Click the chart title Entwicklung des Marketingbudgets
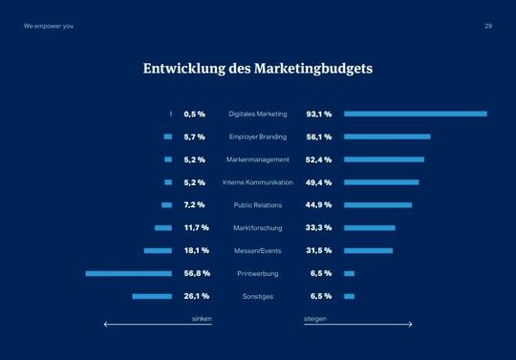(257, 69)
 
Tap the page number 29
(488, 26)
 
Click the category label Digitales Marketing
(258, 114)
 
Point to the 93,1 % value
(319, 114)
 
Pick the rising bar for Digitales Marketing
(416, 114)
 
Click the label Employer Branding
(258, 137)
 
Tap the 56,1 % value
(319, 137)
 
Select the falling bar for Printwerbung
(128, 273)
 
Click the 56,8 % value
(197, 273)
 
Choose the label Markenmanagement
(258, 159)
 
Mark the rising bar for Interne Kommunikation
(381, 182)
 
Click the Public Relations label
(258, 205)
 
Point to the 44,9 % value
(319, 204)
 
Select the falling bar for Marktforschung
(163, 227)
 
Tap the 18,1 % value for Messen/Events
(197, 250)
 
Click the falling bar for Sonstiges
(152, 296)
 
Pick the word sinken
(202, 317)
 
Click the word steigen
(315, 317)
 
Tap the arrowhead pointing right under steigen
(410, 325)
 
